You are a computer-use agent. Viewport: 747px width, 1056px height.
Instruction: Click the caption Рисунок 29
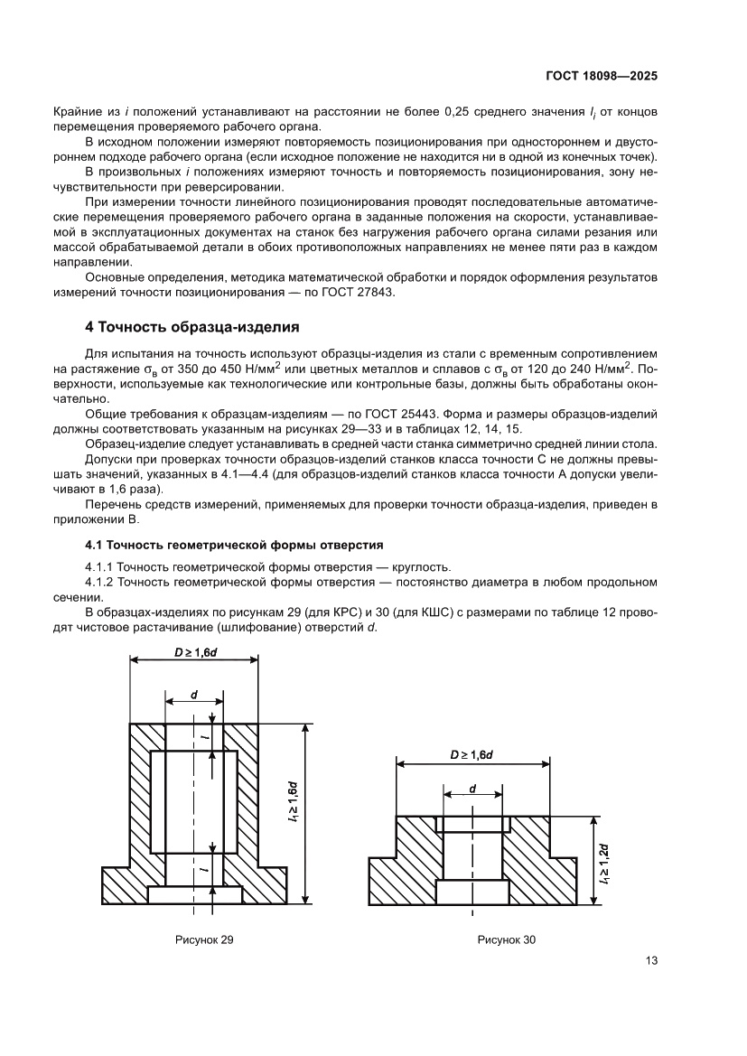203,940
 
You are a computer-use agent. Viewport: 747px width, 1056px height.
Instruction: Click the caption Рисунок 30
506,940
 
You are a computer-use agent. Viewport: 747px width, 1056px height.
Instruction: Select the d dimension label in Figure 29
194,697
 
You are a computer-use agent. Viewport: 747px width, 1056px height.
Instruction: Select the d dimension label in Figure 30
473,789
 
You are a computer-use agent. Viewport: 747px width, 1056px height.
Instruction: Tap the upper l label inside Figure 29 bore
204,740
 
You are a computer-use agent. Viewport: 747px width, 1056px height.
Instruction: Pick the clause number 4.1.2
101,583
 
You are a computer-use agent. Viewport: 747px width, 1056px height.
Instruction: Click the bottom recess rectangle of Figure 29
194,894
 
